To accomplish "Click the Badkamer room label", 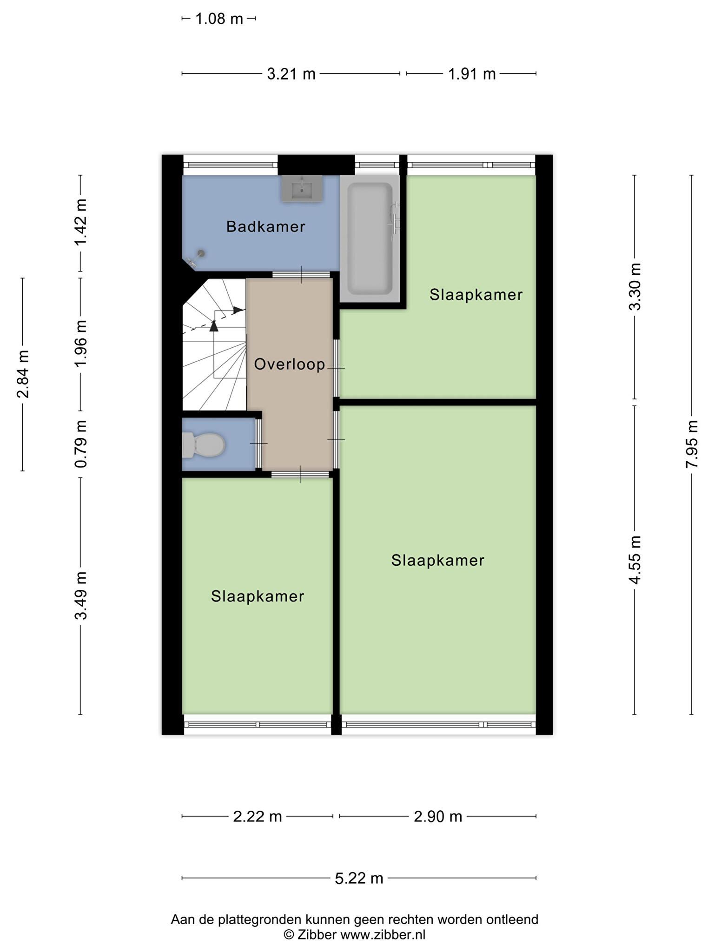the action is pos(265,227).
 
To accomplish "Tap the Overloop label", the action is pos(289,364).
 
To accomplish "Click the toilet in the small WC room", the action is pos(204,445).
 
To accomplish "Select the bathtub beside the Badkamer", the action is pos(370,239).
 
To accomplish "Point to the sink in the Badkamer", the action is pos(302,188).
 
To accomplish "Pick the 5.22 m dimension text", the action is pos(359,878).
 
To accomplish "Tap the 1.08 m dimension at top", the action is pos(219,19).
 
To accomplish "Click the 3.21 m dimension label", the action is pos(291,73).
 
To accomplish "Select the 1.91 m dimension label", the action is pos(471,74).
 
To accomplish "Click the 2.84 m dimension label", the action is pos(22,374).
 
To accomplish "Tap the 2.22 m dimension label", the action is pos(258,816).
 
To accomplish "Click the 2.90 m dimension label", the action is pos(438,816).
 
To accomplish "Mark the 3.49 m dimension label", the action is pos(81,595).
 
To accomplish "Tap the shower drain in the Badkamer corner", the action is pos(201,253).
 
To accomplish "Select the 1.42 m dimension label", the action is pos(81,223).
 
